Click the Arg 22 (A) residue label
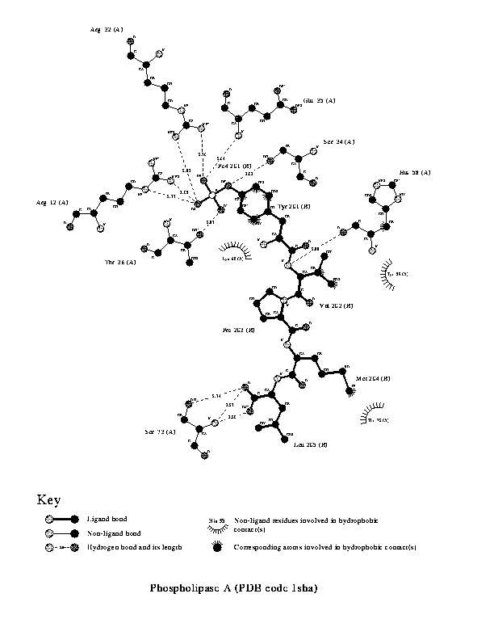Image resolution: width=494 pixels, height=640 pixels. point(107,29)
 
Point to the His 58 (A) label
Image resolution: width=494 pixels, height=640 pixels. point(415,173)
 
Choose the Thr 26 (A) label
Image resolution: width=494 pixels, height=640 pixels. point(120,261)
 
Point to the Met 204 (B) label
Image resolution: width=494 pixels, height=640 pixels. point(373,377)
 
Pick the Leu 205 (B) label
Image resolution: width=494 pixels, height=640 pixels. point(310,445)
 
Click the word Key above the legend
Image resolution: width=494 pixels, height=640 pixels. point(48,500)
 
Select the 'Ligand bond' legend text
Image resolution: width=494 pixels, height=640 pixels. point(107,519)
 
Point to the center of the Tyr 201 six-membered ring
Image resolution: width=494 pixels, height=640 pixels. point(253,201)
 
